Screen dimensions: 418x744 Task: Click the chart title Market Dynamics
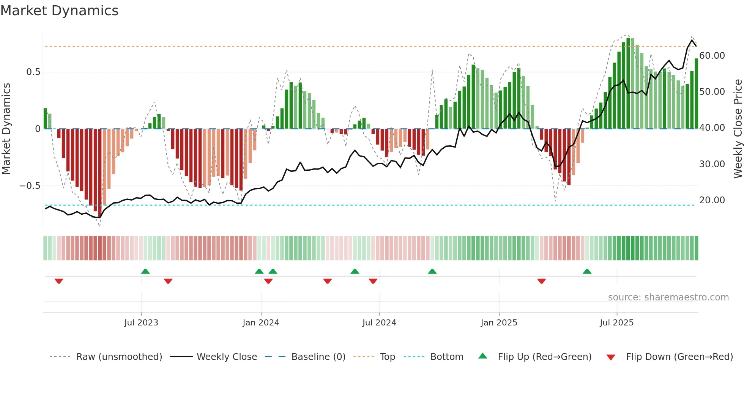[x=59, y=11]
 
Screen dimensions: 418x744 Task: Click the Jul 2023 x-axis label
[x=141, y=323]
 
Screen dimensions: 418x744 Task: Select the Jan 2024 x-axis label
[x=261, y=323]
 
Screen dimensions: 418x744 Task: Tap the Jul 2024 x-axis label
[x=379, y=323]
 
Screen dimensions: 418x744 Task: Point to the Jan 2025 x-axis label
[x=499, y=323]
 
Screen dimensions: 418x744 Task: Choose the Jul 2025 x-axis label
[x=616, y=323]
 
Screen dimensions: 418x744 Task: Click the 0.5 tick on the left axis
[x=33, y=72]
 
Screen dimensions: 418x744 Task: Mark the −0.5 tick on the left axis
[x=30, y=186]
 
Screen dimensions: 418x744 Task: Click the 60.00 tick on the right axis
[x=712, y=56]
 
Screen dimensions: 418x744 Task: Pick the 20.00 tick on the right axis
[x=712, y=200]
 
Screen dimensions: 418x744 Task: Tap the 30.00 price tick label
[x=712, y=164]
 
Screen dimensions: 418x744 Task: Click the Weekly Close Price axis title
[x=738, y=129]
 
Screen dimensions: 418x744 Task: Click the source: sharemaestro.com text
[x=668, y=297]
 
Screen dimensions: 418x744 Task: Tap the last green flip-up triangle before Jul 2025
[x=587, y=271]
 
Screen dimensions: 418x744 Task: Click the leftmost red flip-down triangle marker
[x=59, y=281]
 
